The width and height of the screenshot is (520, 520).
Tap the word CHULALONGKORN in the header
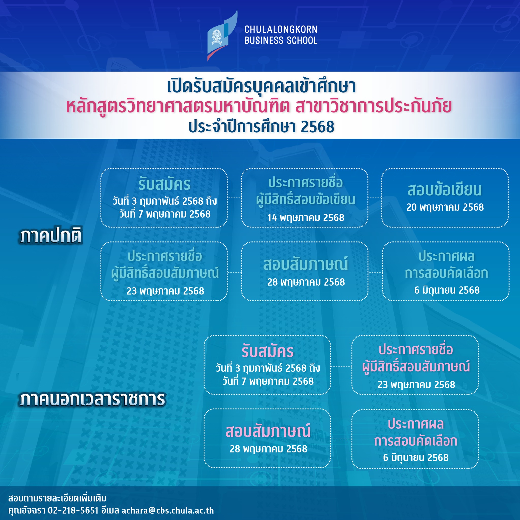coord(281,29)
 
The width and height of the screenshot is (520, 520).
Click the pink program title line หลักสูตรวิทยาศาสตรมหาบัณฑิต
coord(178,106)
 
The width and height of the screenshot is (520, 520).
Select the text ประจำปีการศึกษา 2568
coord(261,126)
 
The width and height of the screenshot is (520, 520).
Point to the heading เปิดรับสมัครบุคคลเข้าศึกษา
coord(261,86)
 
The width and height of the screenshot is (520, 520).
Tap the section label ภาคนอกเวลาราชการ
coord(92,399)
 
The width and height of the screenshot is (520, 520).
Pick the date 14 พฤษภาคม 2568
coord(306,218)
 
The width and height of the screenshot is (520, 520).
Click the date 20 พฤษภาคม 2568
coord(445,207)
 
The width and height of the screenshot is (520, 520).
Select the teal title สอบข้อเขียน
coord(445,190)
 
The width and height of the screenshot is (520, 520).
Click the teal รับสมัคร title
coord(165,184)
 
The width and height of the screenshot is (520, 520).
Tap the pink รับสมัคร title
coord(268,351)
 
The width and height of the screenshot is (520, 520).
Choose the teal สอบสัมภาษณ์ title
coord(306,264)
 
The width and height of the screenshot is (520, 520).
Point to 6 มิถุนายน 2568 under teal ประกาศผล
coord(447,290)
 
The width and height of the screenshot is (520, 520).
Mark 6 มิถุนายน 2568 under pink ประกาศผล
coord(416,458)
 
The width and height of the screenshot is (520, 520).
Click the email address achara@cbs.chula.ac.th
coord(168,511)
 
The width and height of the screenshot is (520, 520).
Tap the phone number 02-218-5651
coord(73,511)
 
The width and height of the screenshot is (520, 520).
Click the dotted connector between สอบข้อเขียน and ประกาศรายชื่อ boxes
coord(375,198)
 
